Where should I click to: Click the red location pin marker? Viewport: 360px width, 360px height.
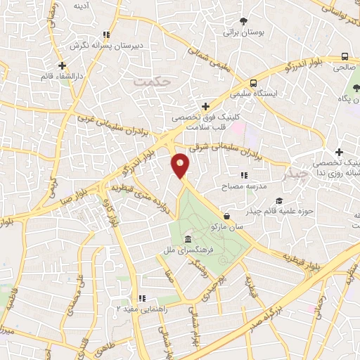tap(181, 165)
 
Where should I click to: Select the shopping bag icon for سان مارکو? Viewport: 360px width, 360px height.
tap(226, 216)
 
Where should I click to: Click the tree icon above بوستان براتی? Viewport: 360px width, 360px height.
tap(243, 21)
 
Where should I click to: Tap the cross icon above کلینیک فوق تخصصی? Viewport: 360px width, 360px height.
tap(205, 106)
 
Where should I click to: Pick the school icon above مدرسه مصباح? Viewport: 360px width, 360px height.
tap(243, 175)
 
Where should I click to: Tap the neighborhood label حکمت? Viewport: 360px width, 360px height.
tap(152, 82)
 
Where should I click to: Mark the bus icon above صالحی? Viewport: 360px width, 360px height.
tap(344, 57)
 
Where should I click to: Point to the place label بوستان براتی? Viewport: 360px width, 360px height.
tap(243, 32)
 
